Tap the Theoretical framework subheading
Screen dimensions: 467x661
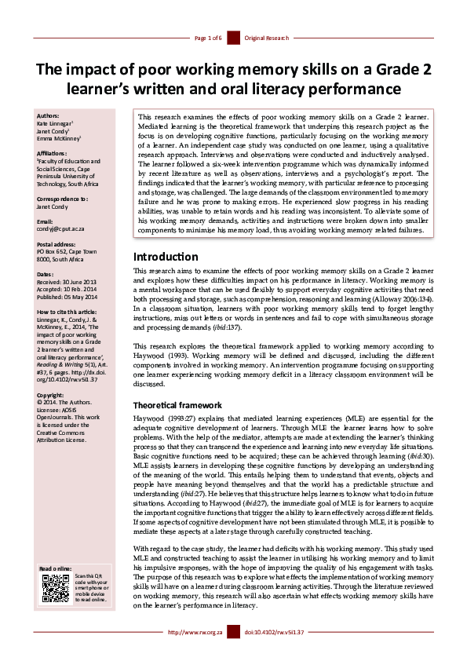pos(178,404)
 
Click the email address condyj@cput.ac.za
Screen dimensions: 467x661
pos(62,232)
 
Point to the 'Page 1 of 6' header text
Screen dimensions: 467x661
pos(208,38)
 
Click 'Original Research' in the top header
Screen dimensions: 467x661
pos(266,38)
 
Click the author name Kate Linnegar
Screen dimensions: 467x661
pos(55,124)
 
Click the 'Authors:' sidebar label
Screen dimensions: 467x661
pos(49,116)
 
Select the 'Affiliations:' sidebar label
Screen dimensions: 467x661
pos(53,154)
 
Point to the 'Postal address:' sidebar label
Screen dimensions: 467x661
pos(57,244)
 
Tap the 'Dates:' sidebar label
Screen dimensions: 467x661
pos(46,274)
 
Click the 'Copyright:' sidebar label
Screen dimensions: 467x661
pos(50,394)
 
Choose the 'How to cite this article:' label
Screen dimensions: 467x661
pos(69,312)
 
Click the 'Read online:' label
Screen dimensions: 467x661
pos(54,567)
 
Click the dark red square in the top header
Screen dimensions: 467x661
pos(233,38)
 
